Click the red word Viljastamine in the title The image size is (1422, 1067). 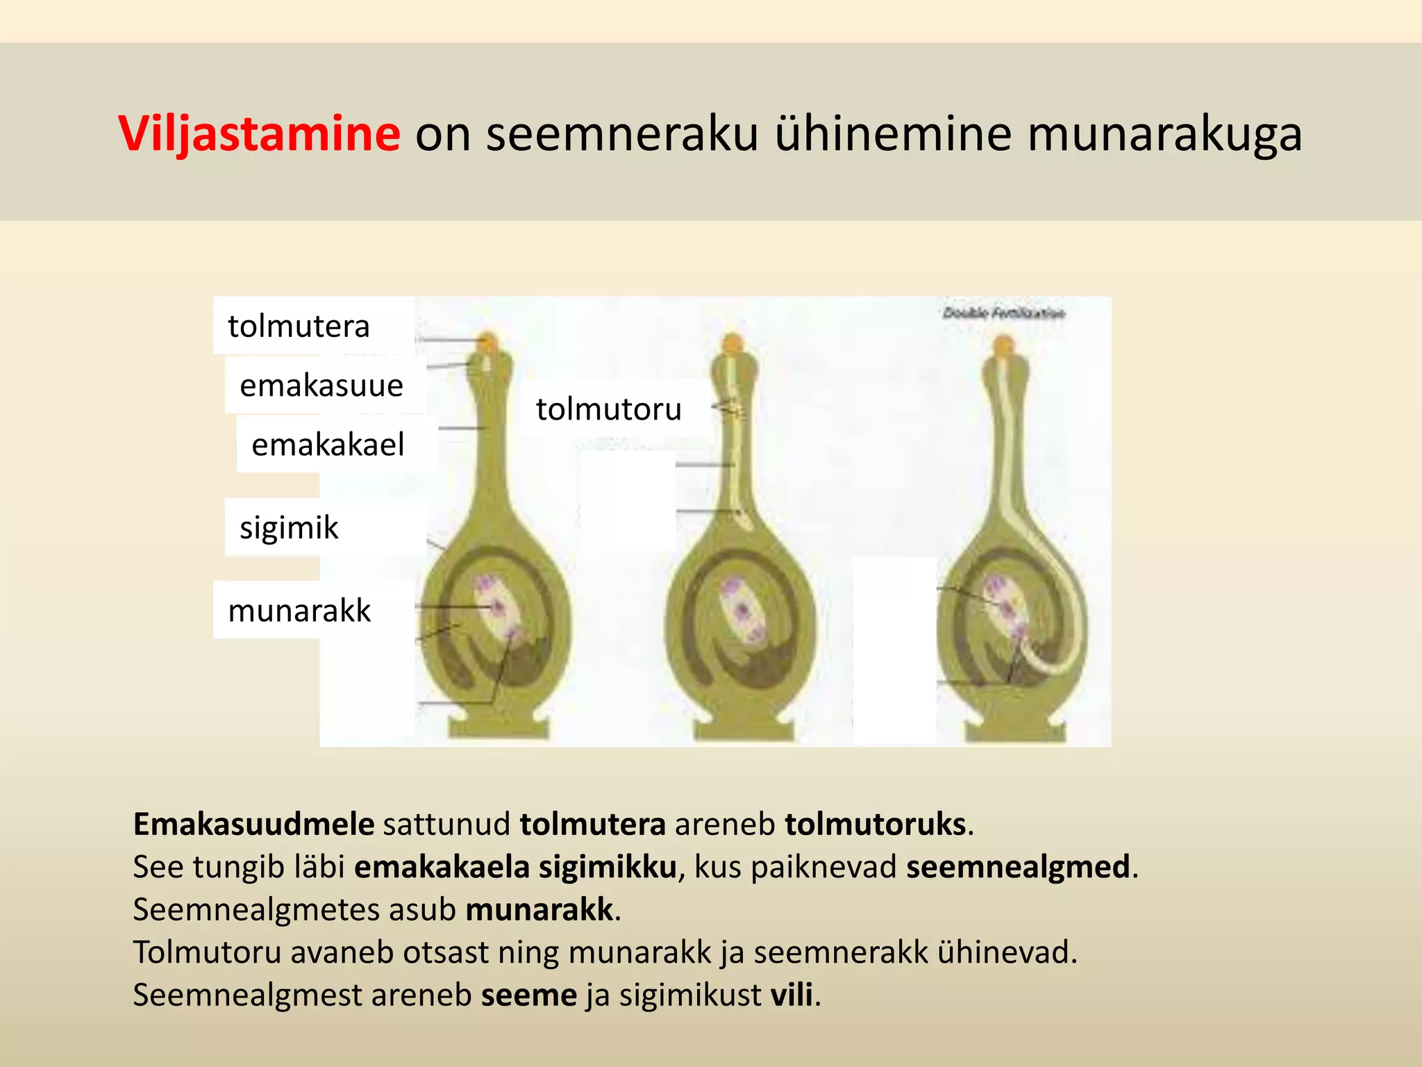point(259,133)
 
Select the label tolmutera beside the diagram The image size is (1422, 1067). point(299,326)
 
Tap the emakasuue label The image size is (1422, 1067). point(321,386)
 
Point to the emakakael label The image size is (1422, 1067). point(328,445)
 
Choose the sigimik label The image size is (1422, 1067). point(289,527)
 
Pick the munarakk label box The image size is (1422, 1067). point(299,611)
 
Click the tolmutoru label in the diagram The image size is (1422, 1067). point(608,409)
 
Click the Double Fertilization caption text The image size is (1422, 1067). point(1003,313)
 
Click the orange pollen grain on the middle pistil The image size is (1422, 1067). point(733,342)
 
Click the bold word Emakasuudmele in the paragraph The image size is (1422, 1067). point(253,825)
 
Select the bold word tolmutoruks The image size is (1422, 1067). point(875,825)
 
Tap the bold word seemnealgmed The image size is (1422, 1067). point(1018,867)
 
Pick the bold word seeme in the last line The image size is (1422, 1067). point(528,995)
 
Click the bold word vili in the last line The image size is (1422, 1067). point(792,995)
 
